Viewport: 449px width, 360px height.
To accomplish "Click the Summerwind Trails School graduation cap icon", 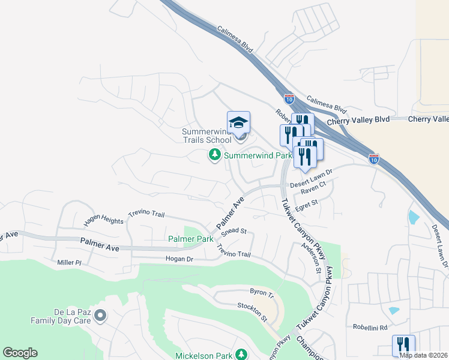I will click(238, 122).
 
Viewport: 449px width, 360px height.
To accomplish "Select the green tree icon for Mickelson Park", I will click(241, 355).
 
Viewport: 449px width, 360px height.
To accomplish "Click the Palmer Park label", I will click(191, 238).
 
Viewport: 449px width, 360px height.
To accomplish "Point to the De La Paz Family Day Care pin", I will click(100, 314).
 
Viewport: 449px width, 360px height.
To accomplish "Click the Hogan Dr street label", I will click(179, 259).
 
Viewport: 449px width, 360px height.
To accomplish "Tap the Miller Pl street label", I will click(69, 262).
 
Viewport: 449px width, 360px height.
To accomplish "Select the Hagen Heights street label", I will click(103, 220).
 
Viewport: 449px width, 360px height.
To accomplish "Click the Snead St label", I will click(234, 231).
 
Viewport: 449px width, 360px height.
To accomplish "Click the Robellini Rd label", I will click(370, 328).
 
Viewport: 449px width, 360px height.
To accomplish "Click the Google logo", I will click(20, 353).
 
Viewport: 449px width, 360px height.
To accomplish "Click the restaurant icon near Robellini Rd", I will click(403, 345).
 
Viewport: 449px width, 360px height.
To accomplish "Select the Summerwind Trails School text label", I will click(206, 136).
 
